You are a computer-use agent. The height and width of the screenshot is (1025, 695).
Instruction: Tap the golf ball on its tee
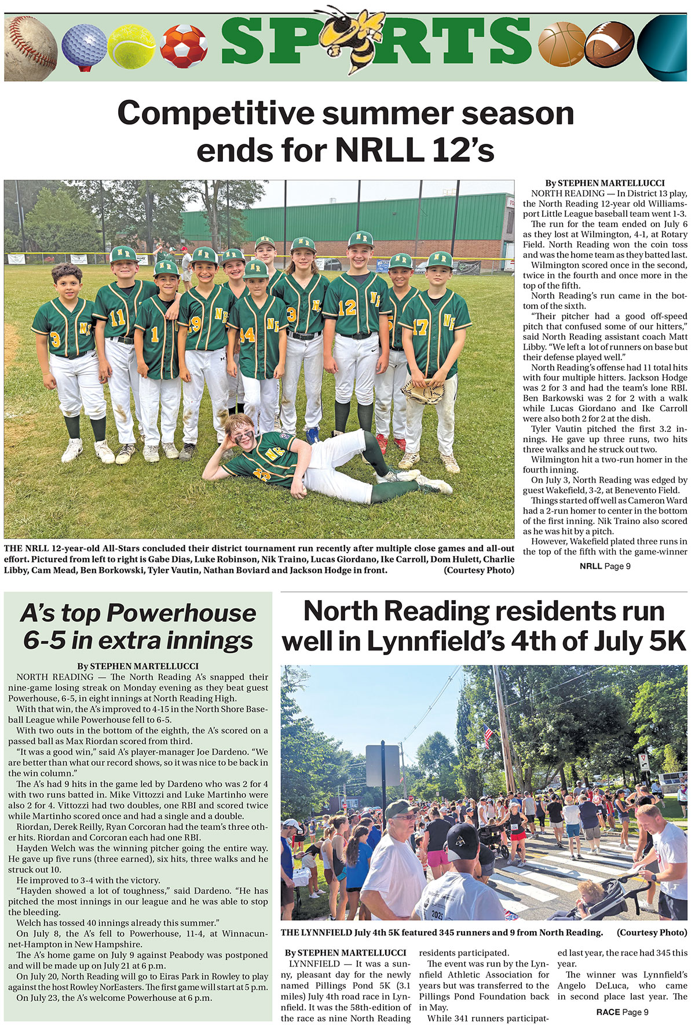point(83,46)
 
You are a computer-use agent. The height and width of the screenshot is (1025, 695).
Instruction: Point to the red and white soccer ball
point(184,46)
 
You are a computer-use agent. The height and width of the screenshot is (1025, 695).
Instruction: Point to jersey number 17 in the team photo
point(420,327)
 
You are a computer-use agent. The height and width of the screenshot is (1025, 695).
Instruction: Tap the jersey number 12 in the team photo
point(346,308)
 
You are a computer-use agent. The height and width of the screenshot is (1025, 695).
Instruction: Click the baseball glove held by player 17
point(424,392)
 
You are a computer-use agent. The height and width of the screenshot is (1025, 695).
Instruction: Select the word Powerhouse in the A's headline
point(181,613)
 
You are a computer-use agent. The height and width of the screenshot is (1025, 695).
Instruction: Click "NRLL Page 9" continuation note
point(605,566)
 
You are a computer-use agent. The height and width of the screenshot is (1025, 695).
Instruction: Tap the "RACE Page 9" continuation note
point(622,1012)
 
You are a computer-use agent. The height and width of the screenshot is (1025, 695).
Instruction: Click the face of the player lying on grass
point(241,430)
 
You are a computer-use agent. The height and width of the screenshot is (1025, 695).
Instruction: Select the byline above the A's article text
point(138,666)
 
